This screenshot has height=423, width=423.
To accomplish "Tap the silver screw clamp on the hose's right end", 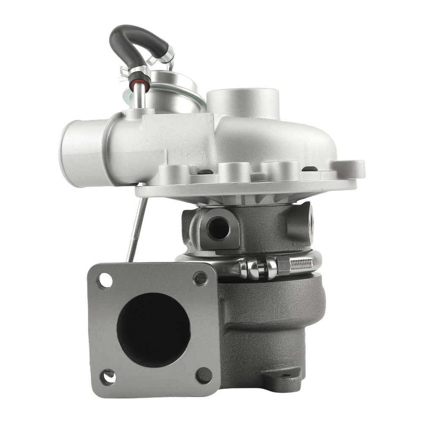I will (167, 53).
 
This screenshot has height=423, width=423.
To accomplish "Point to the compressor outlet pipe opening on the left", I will (78, 150).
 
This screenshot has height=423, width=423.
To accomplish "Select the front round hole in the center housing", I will (219, 228).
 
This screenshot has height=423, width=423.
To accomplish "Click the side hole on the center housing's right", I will (312, 218).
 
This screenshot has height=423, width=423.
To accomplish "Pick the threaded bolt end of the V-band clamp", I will (301, 264).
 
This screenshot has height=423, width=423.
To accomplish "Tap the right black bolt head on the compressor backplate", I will (310, 169).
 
